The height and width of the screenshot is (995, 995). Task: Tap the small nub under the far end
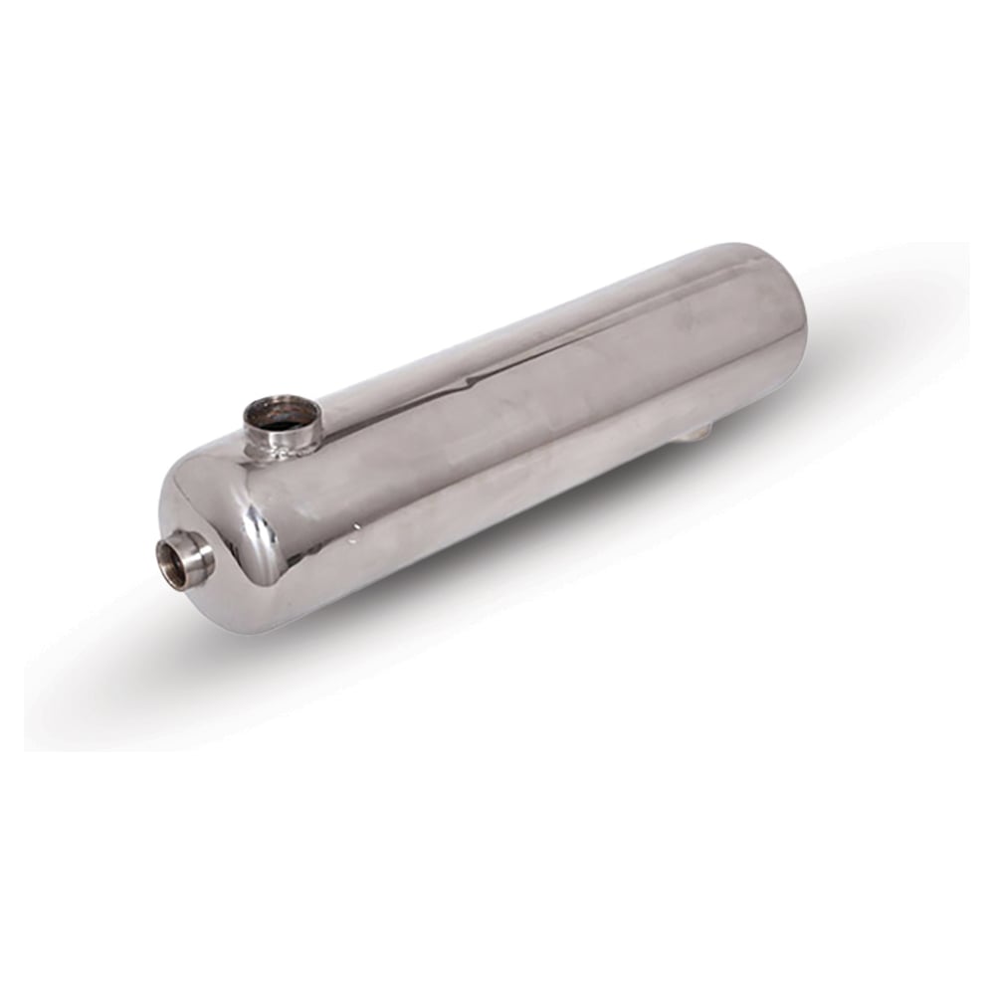click(699, 431)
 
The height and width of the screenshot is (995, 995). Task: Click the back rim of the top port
click(284, 399)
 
